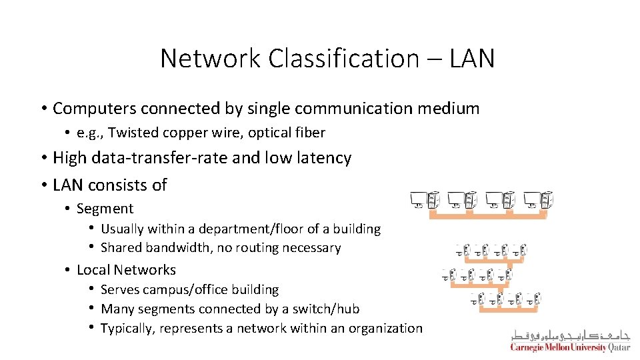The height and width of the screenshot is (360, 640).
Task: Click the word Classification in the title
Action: click(343, 59)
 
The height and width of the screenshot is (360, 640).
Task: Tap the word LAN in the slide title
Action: click(471, 59)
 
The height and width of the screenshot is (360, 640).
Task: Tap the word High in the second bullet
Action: click(70, 158)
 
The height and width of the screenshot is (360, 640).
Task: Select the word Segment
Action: click(105, 209)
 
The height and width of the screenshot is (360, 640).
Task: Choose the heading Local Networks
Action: click(126, 270)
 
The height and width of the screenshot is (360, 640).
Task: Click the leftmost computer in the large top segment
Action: click(424, 199)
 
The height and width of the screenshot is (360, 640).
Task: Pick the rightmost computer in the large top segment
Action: click(539, 199)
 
